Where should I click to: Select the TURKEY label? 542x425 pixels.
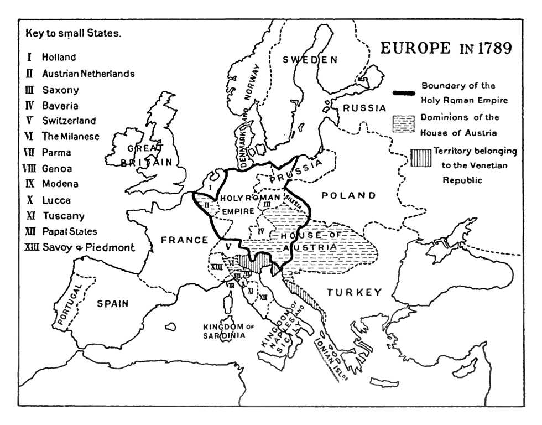click(x=354, y=292)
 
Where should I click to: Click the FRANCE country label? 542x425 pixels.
click(x=184, y=240)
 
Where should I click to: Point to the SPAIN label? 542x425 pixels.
click(x=112, y=303)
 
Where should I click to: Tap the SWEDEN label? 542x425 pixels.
click(x=310, y=60)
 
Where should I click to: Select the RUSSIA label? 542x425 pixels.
click(x=364, y=108)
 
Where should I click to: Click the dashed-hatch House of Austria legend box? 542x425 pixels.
click(x=403, y=123)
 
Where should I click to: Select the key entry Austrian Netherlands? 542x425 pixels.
click(x=87, y=73)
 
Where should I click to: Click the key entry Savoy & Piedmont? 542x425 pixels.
click(x=87, y=247)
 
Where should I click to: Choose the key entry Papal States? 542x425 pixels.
click(x=69, y=231)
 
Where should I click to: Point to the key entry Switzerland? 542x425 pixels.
click(x=69, y=121)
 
